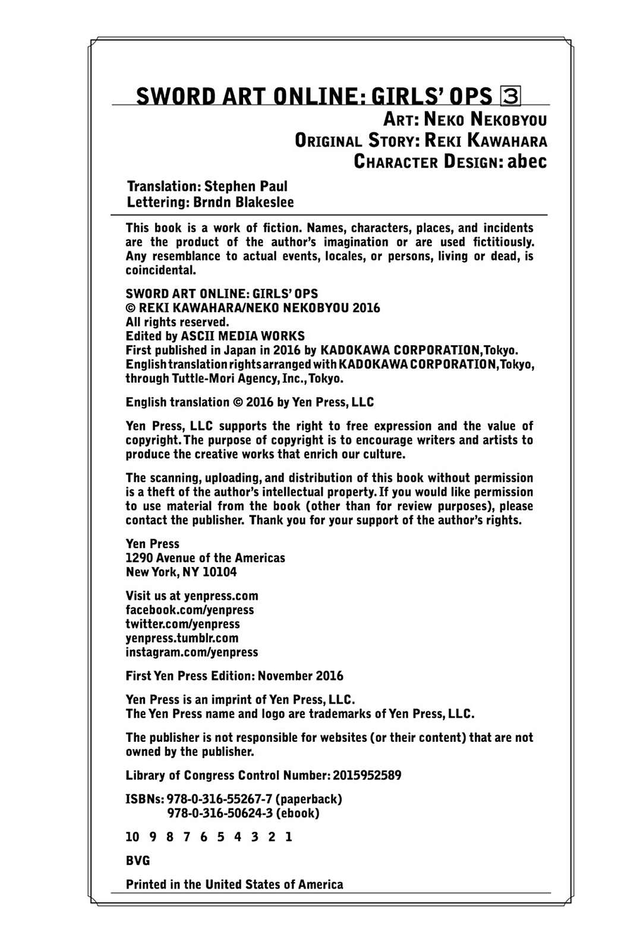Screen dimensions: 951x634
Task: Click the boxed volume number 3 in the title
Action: [x=510, y=96]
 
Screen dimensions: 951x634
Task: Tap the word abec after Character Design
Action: [x=526, y=161]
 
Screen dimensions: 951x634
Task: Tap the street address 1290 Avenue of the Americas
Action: [x=205, y=558]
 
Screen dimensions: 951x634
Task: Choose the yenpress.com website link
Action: [x=221, y=596]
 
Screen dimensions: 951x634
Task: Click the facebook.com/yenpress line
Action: [x=190, y=610]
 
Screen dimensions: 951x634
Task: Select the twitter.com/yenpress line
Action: [x=182, y=624]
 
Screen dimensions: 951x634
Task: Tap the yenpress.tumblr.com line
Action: [x=182, y=638]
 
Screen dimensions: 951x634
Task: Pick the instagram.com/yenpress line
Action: [x=191, y=652]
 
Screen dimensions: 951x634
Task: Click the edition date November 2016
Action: [x=300, y=676]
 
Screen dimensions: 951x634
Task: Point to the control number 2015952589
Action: [x=367, y=776]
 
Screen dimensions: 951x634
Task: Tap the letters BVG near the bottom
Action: [x=138, y=861]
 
